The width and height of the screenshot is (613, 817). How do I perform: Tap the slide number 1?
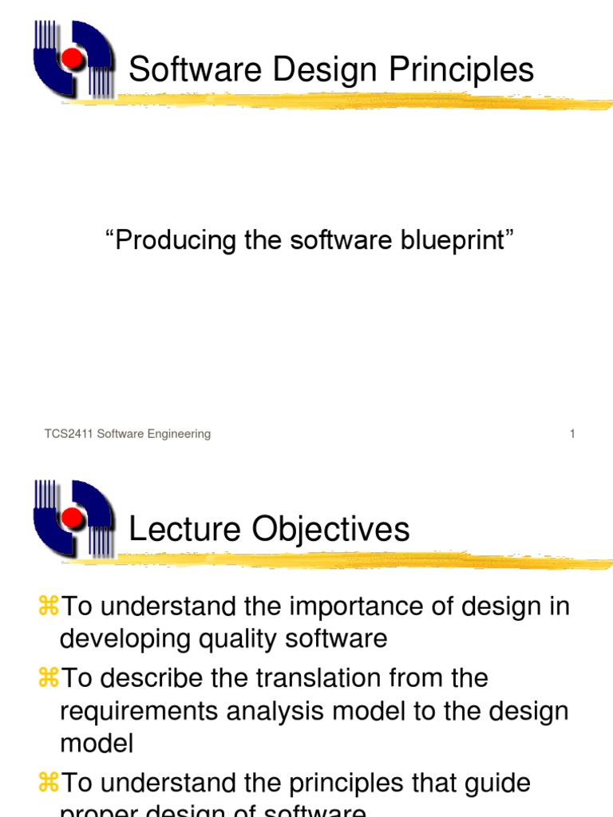[572, 434]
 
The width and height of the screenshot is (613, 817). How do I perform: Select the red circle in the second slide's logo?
[73, 519]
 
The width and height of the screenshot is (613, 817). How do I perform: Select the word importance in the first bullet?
[338, 606]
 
